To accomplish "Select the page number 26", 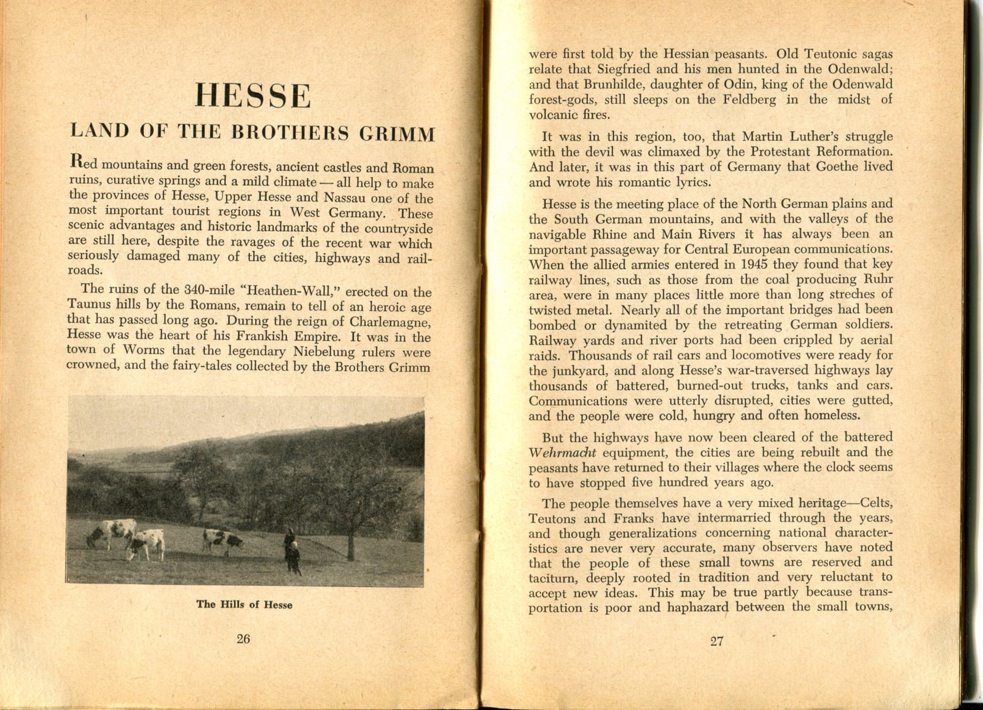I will tap(243, 639).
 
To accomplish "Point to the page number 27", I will tap(716, 641).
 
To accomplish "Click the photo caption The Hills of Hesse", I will tap(244, 604).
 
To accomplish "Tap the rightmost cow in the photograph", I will tap(223, 540).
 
